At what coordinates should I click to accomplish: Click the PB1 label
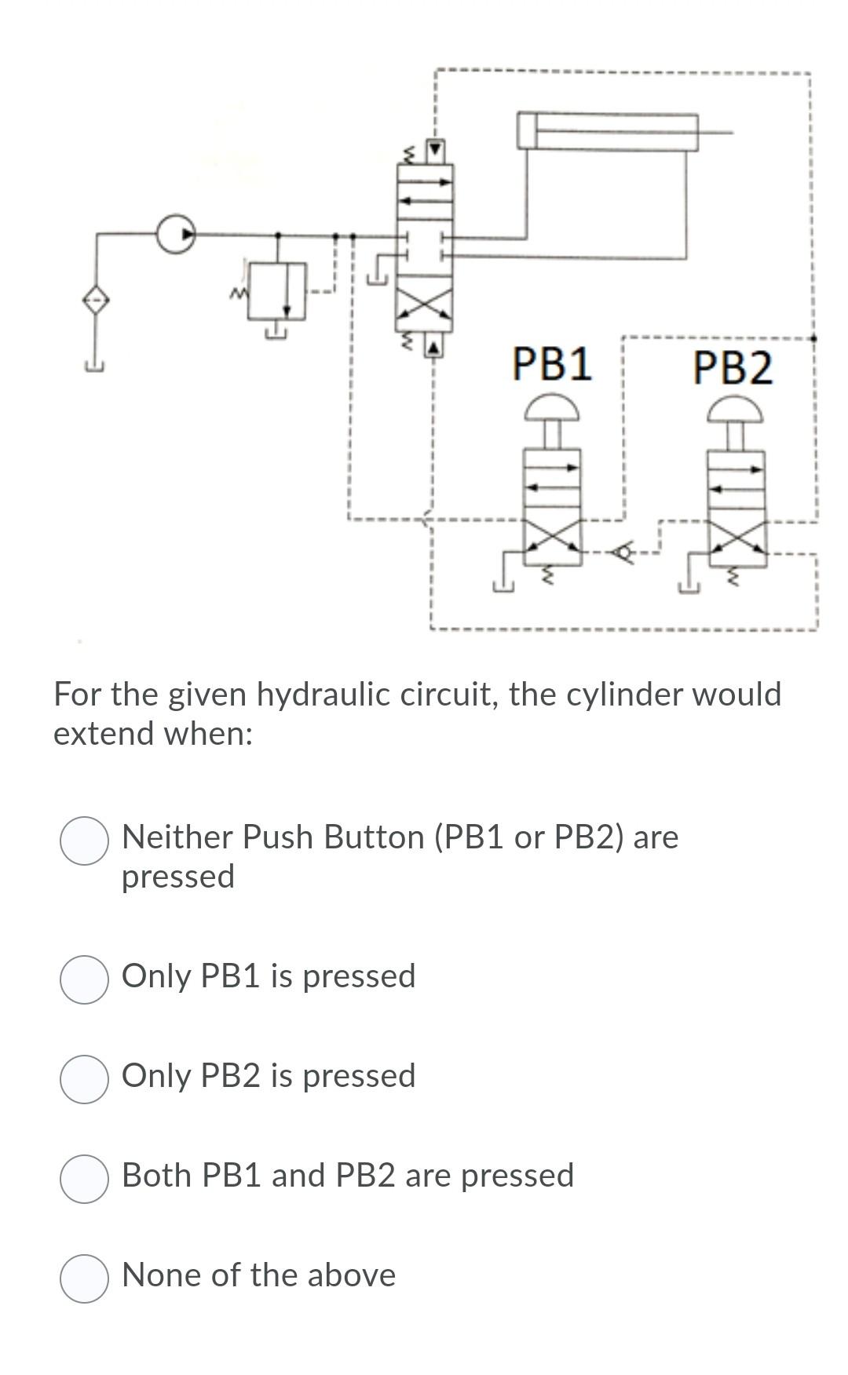tap(552, 364)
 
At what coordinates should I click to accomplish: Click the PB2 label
tap(733, 367)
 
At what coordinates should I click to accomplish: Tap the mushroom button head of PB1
tap(551, 407)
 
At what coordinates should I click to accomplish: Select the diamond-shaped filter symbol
tap(96, 300)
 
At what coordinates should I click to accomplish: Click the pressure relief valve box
tap(277, 290)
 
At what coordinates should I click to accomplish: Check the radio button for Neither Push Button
tap(84, 841)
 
